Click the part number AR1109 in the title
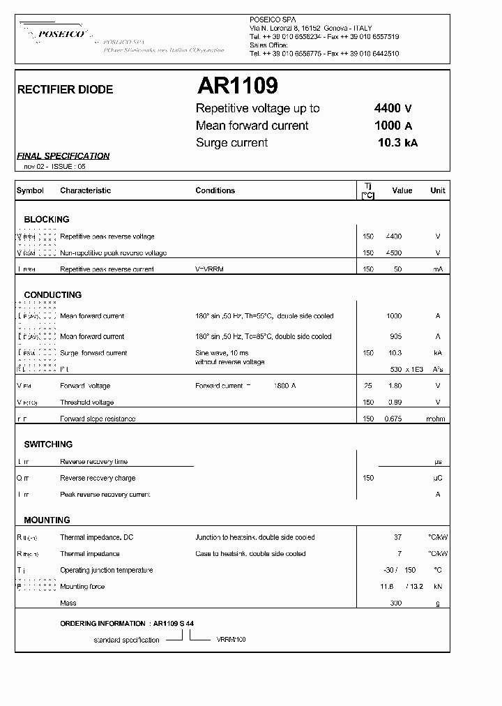point(237,86)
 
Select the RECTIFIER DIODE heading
point(65,90)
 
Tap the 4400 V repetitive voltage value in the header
point(393,108)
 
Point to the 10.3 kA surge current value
point(397,142)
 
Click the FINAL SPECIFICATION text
point(63,156)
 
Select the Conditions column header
point(215,190)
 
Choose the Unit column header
point(437,190)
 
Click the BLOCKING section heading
point(47,219)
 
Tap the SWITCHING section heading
point(48,444)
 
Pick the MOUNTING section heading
point(47,520)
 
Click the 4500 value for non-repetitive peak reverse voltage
point(394,253)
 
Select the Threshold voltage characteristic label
point(86,403)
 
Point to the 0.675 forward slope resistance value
point(395,419)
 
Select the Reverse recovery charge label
point(98,478)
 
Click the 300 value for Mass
point(395,603)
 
